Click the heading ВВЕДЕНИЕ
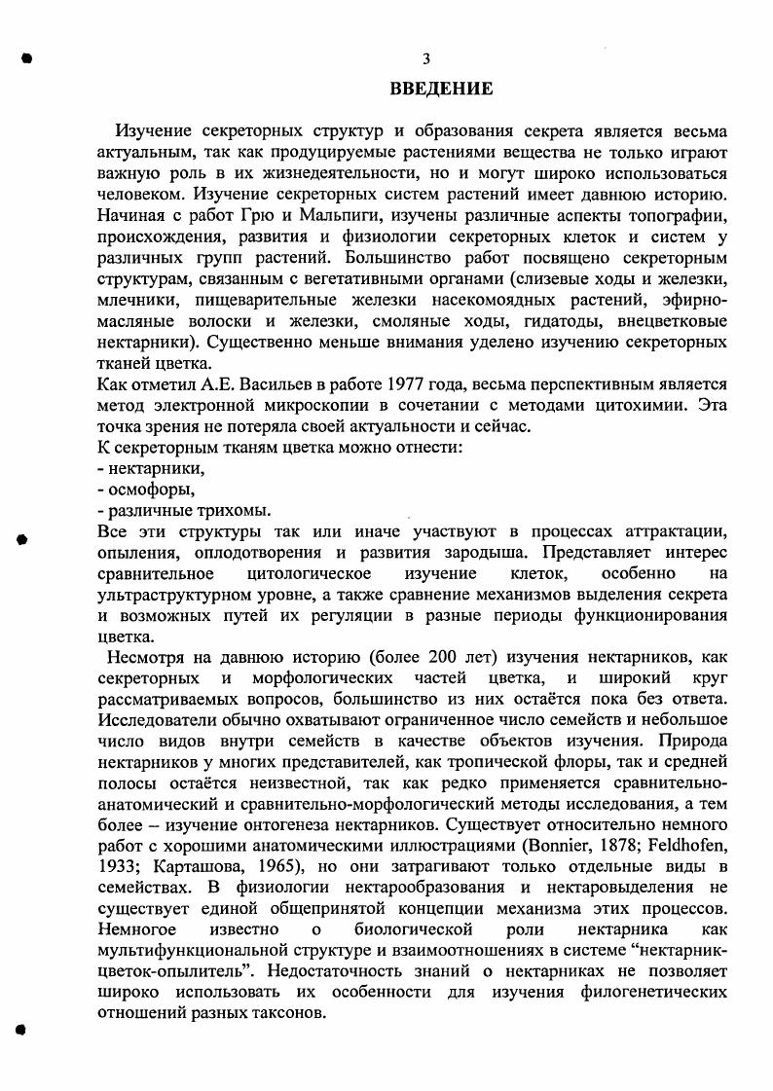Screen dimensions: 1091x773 442,90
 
